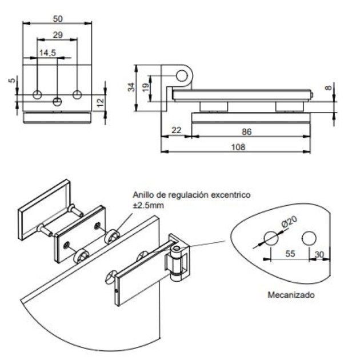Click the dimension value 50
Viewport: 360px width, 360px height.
pos(57,18)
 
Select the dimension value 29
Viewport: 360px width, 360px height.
pos(57,35)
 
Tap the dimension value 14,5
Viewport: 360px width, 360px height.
pos(47,53)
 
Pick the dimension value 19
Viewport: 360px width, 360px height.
pos(145,87)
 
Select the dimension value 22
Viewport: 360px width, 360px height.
pos(176,131)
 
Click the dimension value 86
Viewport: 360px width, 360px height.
pos(247,131)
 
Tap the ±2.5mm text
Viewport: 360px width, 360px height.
pos(148,204)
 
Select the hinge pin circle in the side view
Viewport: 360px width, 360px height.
pos(182,75)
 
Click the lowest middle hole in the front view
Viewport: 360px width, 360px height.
pos(57,102)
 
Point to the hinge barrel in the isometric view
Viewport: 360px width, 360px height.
pos(177,265)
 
